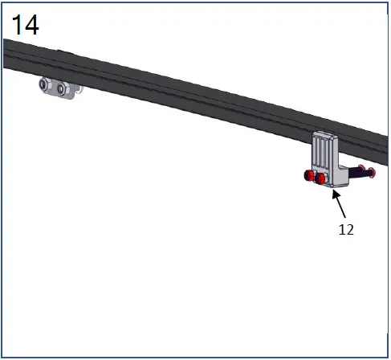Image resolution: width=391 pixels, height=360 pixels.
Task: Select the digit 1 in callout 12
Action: click(341, 229)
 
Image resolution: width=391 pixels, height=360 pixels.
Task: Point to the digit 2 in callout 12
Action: click(350, 229)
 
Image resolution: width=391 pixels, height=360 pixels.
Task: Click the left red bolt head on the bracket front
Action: click(309, 178)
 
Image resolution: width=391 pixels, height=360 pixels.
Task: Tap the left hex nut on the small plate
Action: click(47, 84)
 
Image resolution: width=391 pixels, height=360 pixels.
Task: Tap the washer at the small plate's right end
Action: click(75, 89)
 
